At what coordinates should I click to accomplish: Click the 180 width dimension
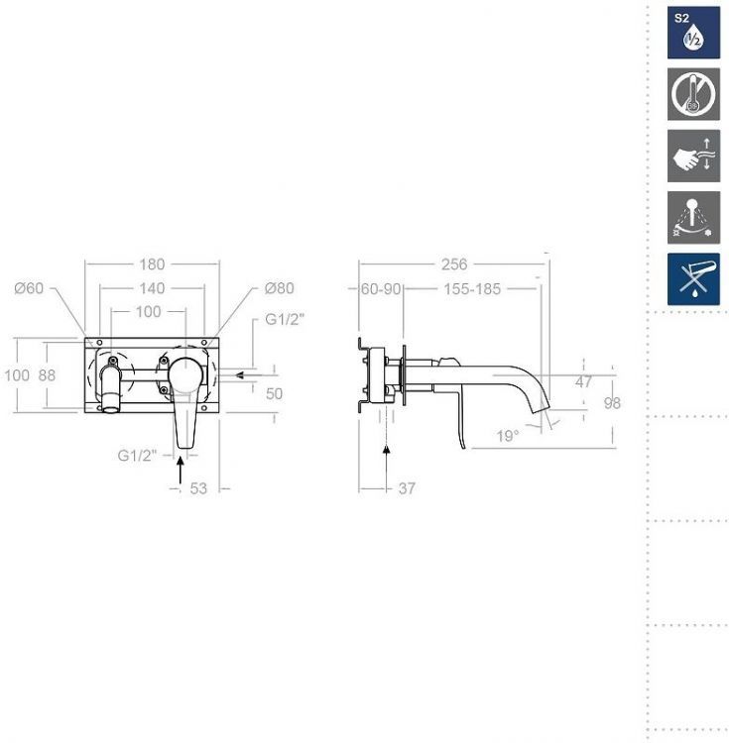tap(152, 264)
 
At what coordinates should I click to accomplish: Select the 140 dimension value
tap(152, 288)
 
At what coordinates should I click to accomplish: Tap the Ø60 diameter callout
tap(29, 288)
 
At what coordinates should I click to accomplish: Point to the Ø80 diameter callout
tap(280, 288)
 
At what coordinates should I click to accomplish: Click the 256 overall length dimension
tap(454, 264)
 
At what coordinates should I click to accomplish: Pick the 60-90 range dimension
tap(381, 288)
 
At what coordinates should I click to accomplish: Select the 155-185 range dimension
tap(472, 288)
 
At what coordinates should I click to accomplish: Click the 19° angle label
tap(508, 436)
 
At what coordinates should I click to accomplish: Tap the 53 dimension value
tap(198, 488)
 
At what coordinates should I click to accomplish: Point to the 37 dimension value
tap(407, 488)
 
